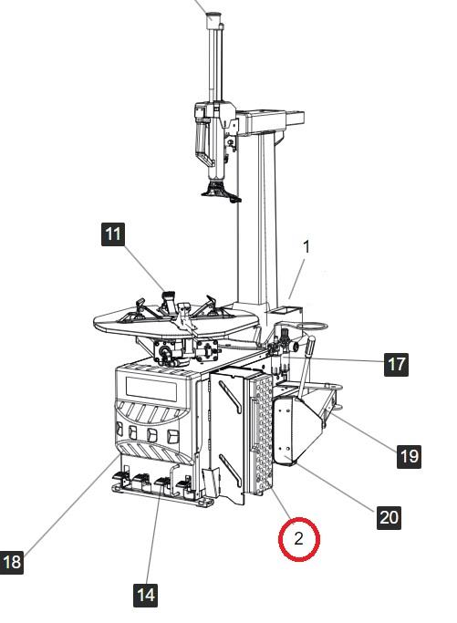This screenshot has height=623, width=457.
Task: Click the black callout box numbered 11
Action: (113, 234)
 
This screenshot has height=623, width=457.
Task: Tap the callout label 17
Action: (396, 364)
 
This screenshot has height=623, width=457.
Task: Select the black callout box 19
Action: (409, 456)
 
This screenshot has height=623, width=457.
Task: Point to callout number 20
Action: (389, 517)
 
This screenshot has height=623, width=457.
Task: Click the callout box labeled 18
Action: (12, 562)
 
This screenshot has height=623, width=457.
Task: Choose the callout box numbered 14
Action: (145, 596)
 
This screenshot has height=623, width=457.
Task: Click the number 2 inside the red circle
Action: (298, 539)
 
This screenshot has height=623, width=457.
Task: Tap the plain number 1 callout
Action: (306, 246)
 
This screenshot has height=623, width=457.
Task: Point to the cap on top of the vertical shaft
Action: (213, 20)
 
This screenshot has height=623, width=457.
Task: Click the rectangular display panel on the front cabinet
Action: (151, 389)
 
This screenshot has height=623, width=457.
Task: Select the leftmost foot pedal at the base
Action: (121, 476)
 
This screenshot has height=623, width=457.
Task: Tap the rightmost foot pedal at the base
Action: (184, 484)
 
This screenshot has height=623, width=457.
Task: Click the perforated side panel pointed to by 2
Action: (261, 434)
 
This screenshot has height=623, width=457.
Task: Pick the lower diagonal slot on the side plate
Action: (230, 471)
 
